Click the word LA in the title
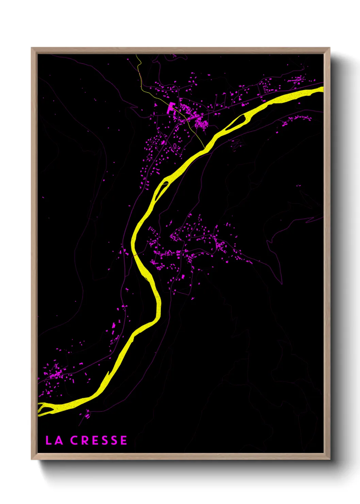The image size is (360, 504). coord(54,440)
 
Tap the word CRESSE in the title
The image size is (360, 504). coord(99,440)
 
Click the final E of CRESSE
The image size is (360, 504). coord(124,440)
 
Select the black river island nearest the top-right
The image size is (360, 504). coord(238,122)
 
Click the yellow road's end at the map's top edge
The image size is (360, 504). coord(136,54)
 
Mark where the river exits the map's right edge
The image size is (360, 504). coord(322,89)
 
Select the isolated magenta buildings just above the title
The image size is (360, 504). coord(88,415)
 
